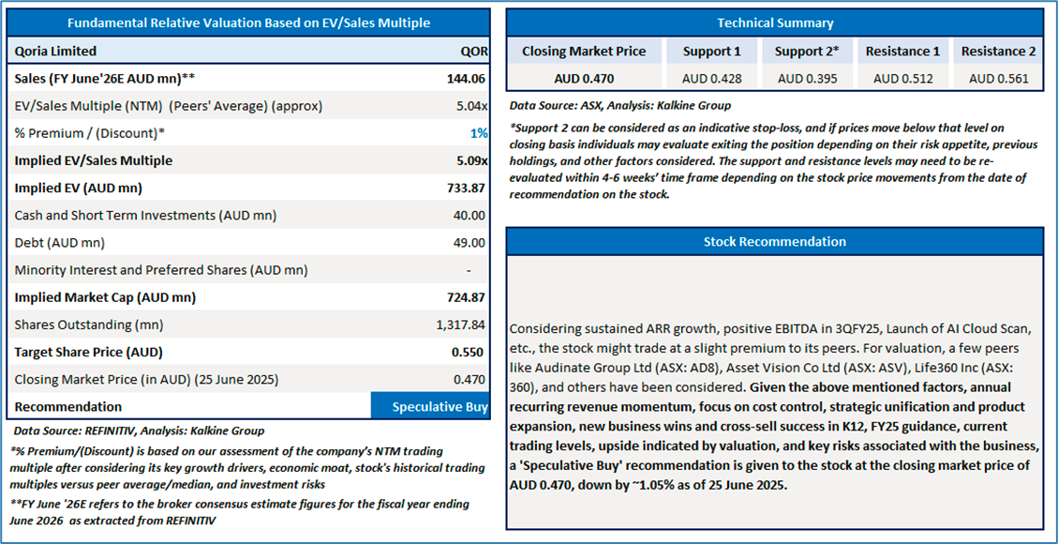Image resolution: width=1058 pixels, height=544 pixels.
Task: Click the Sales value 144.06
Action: point(466,79)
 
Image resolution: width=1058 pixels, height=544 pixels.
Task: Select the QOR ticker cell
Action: point(474,52)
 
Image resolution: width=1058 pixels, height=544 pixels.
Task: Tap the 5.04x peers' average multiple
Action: point(469,106)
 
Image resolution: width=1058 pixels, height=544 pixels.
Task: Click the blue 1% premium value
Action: point(479,133)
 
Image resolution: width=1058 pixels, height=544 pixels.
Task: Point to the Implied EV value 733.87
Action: point(466,188)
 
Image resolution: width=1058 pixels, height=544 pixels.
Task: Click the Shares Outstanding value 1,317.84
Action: point(461,325)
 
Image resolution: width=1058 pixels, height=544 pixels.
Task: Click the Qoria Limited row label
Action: point(55,52)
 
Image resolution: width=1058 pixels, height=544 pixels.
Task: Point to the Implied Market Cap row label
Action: point(105,297)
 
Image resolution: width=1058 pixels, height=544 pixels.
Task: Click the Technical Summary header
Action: point(774,23)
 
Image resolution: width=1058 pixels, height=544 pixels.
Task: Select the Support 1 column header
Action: point(711,52)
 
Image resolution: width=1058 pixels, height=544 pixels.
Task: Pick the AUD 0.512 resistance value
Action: point(903,78)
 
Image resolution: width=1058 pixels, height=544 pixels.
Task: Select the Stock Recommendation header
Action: point(774,242)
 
